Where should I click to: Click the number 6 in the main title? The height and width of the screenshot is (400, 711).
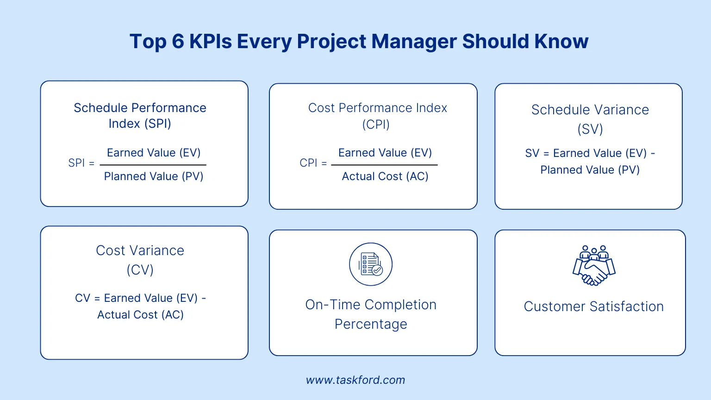[x=178, y=41]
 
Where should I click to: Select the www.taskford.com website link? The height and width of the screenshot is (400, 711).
[x=355, y=380]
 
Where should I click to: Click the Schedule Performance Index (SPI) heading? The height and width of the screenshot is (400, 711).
[x=140, y=115]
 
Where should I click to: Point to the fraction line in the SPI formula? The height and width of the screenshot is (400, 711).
[x=153, y=165]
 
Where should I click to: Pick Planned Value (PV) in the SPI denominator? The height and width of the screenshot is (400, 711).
[x=154, y=176]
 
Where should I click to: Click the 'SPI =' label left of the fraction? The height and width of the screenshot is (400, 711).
[x=81, y=163]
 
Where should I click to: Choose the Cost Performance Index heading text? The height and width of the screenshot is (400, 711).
[x=377, y=108]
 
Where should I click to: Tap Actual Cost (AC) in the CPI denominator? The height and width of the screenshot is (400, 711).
[x=385, y=176]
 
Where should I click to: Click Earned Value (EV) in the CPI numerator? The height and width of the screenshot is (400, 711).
[x=385, y=153]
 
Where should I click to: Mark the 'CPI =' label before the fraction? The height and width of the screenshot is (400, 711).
[x=313, y=163]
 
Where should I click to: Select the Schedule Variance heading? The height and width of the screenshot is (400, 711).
[x=590, y=110]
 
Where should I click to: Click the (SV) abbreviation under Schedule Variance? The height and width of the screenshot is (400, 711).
[x=590, y=129]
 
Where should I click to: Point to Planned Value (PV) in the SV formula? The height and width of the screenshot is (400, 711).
[x=590, y=170]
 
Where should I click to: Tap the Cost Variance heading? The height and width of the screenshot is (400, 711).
[x=140, y=250]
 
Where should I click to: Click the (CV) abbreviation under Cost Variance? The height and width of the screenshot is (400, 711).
[x=140, y=270]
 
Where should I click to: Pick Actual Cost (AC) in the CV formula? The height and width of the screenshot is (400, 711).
[x=140, y=315]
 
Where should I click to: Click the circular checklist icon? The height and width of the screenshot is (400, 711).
[x=371, y=264]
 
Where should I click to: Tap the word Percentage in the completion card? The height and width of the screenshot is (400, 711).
[x=371, y=324]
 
